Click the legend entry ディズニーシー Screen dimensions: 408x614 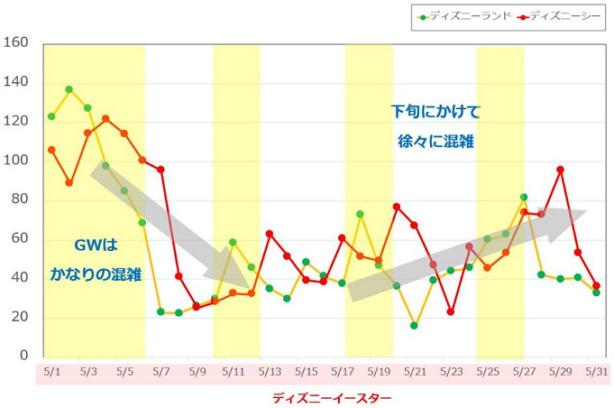click(x=564, y=15)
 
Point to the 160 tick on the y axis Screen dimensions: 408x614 click(x=20, y=43)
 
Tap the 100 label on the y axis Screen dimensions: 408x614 click(x=20, y=161)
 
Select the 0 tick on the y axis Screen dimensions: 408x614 click(x=25, y=357)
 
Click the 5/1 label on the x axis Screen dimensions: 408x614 click(x=51, y=371)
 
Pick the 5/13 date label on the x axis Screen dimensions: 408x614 click(x=270, y=371)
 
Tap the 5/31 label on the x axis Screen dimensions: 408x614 click(x=596, y=371)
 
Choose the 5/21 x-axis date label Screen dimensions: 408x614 click(x=415, y=371)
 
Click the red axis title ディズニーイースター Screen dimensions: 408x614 click(x=318, y=395)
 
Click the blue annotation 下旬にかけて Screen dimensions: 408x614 click(x=435, y=113)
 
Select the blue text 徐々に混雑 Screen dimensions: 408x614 click(x=435, y=142)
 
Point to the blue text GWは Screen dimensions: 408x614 click(x=96, y=245)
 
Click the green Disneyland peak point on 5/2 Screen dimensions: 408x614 click(x=69, y=89)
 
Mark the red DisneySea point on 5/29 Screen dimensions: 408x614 click(x=560, y=169)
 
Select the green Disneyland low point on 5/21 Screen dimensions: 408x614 click(x=414, y=325)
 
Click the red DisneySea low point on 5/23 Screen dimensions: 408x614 click(x=451, y=311)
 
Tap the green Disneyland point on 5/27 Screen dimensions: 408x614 click(x=524, y=197)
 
